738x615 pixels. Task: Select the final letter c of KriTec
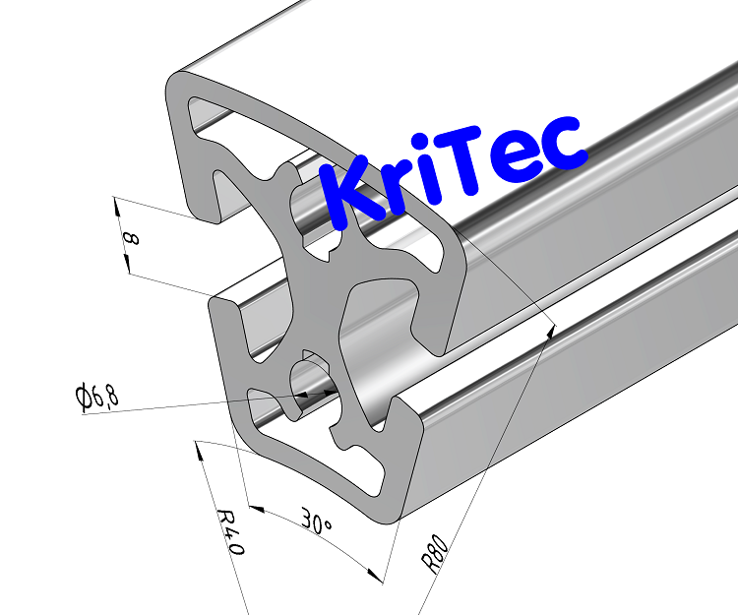(560, 145)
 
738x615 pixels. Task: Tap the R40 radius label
(228, 532)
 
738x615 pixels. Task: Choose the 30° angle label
(316, 522)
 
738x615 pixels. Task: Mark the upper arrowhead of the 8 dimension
(117, 204)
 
